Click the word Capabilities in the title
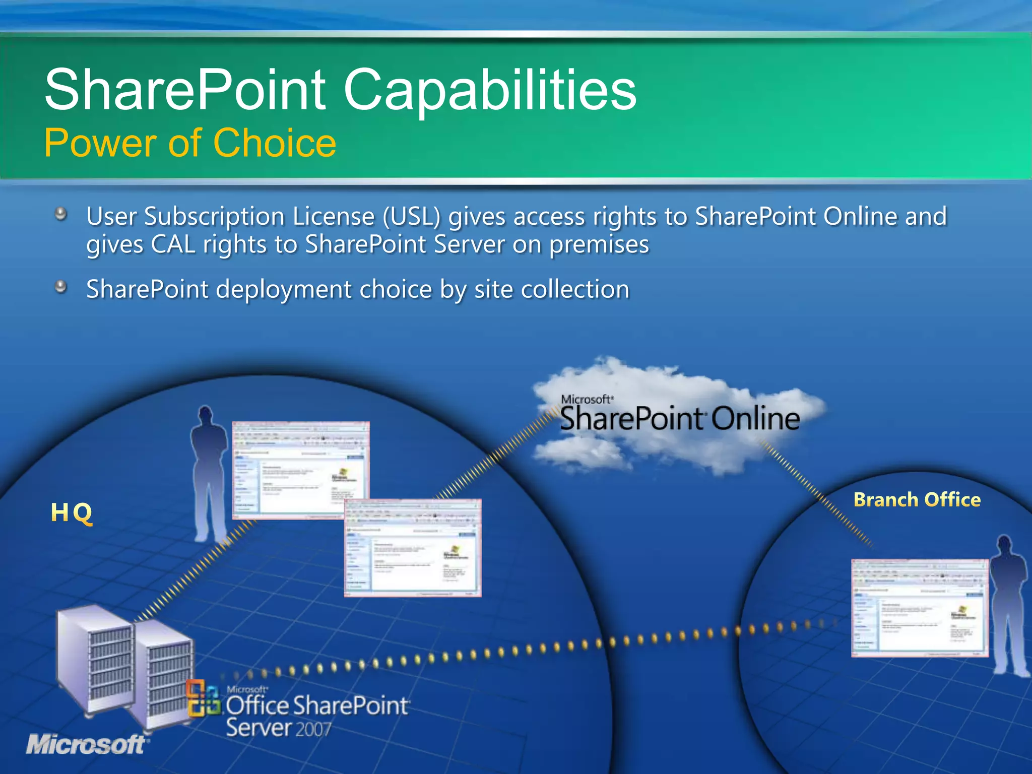tap(490, 91)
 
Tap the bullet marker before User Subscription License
tap(61, 214)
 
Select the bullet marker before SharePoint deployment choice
tap(61, 287)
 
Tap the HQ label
tap(72, 512)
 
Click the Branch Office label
tap(917, 500)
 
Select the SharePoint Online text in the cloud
tap(679, 419)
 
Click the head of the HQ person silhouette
tap(205, 415)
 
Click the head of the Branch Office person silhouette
tap(1005, 545)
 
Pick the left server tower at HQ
tap(95, 660)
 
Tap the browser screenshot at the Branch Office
tap(920, 608)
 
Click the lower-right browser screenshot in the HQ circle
tap(412, 548)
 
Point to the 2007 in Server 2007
tap(313, 729)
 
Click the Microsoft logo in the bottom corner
tap(86, 744)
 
